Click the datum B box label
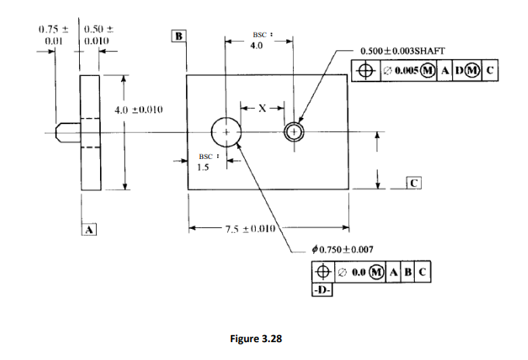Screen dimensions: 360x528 tap(179, 36)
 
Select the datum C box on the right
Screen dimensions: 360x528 tap(414, 183)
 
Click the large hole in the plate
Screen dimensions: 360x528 tap(226, 133)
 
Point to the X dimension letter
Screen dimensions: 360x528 tap(261, 109)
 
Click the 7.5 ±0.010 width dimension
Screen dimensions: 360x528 tap(246, 229)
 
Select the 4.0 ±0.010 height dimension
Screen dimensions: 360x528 tap(139, 110)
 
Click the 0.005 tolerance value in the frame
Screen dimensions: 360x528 tap(406, 71)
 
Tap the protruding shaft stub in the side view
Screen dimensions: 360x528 tap(67, 133)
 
